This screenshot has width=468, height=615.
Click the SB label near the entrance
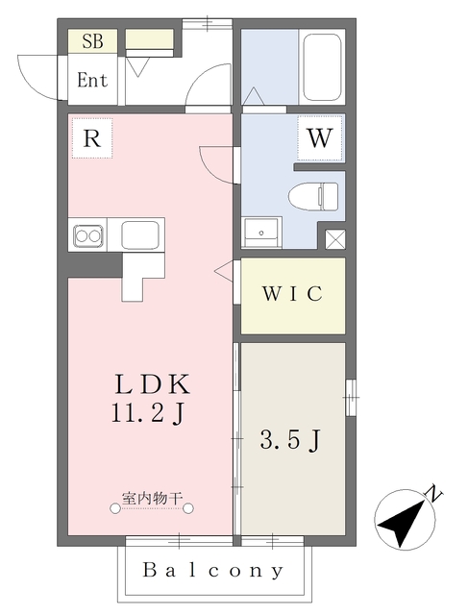click(x=92, y=40)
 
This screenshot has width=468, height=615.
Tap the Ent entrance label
click(x=92, y=80)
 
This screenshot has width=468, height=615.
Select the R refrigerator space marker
click(x=92, y=138)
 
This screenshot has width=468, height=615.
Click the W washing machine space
click(x=320, y=138)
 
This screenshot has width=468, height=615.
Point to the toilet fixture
click(x=313, y=196)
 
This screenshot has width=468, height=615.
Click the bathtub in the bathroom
click(x=323, y=67)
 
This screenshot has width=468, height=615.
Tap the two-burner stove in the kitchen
click(x=88, y=236)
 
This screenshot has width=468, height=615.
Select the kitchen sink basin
click(x=140, y=234)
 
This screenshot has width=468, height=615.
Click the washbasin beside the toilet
click(x=261, y=233)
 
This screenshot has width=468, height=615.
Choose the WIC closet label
click(x=293, y=293)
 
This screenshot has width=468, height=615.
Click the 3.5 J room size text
click(x=290, y=440)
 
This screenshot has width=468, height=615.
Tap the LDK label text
click(x=152, y=384)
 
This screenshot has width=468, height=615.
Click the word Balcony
click(x=213, y=570)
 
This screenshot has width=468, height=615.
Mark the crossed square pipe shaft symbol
click(x=335, y=239)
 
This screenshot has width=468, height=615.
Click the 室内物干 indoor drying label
click(x=152, y=499)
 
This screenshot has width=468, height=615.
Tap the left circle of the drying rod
click(x=115, y=508)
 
